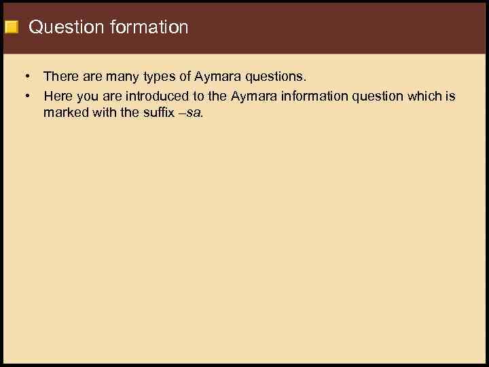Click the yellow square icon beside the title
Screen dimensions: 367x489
coord(11,28)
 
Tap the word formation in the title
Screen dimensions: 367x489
coord(147,28)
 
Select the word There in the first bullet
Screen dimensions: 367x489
coord(61,77)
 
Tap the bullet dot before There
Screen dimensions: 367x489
coord(25,77)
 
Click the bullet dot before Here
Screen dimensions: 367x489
coord(25,96)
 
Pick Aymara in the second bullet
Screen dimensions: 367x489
coord(254,97)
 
